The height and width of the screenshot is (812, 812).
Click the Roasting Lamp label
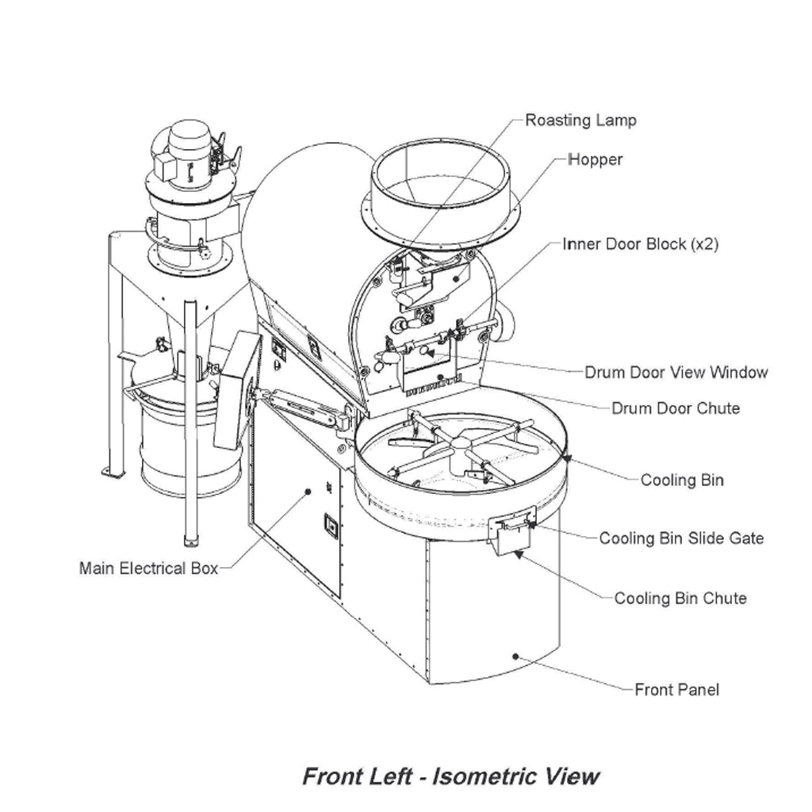click(x=580, y=121)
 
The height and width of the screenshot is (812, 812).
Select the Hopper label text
click(x=596, y=159)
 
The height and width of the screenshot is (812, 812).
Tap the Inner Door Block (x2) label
click(x=641, y=244)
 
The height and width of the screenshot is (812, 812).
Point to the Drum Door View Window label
click(x=676, y=373)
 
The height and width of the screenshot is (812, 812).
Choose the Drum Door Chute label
click(x=676, y=408)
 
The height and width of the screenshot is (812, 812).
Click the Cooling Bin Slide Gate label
click(x=681, y=538)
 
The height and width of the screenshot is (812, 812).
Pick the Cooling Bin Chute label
click(x=680, y=599)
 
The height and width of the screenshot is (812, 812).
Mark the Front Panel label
click(x=677, y=690)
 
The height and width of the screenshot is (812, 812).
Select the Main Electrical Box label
click(x=148, y=569)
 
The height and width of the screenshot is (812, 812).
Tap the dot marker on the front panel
click(x=515, y=657)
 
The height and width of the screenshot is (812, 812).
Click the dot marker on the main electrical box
click(x=308, y=492)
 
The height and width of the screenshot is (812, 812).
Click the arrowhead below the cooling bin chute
click(x=517, y=554)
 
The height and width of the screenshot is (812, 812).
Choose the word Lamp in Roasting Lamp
click(x=616, y=121)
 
